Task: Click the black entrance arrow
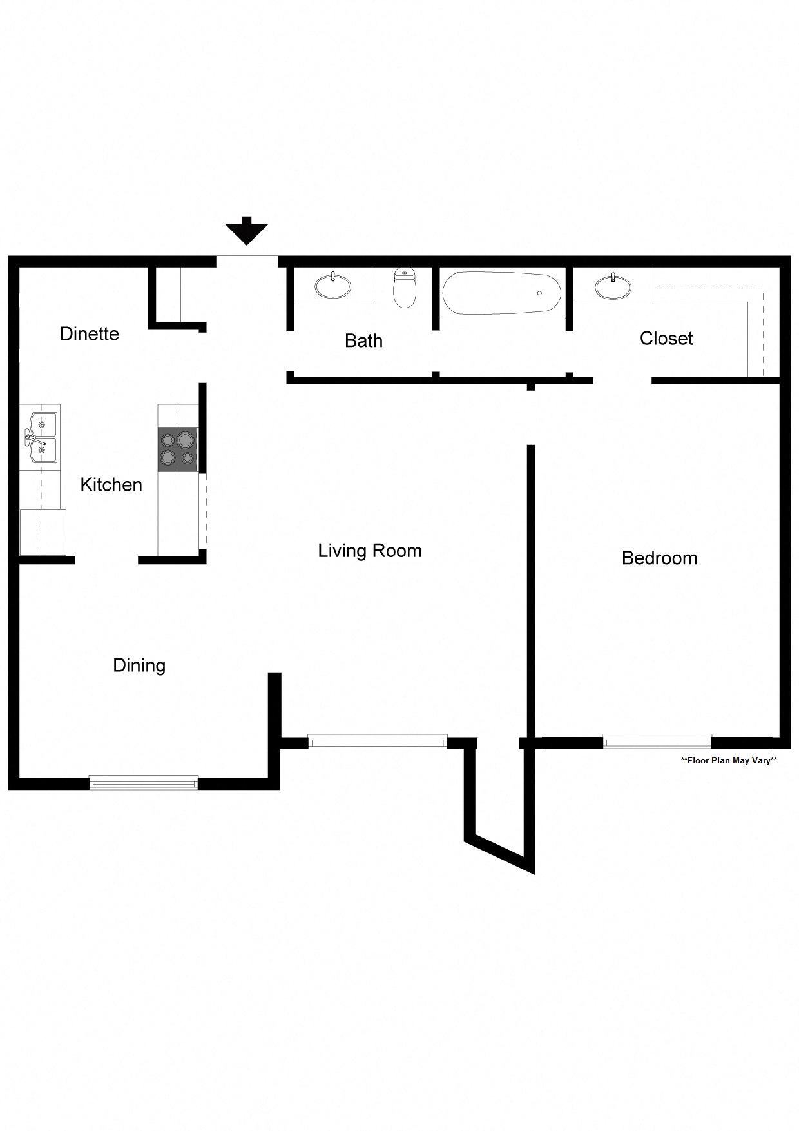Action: pyautogui.click(x=247, y=231)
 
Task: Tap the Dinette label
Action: pyautogui.click(x=90, y=334)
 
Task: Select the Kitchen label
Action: pyautogui.click(x=111, y=485)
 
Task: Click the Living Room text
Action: pyautogui.click(x=370, y=551)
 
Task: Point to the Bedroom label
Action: pyautogui.click(x=659, y=558)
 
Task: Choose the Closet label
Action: pyautogui.click(x=666, y=339)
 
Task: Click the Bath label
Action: pyautogui.click(x=363, y=341)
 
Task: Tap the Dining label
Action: pyautogui.click(x=139, y=665)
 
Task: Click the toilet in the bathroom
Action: pyautogui.click(x=405, y=288)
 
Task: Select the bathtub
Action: pyautogui.click(x=501, y=293)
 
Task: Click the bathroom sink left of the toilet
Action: pyautogui.click(x=333, y=286)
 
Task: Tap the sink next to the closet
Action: pyautogui.click(x=613, y=286)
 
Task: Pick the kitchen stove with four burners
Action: pyautogui.click(x=177, y=449)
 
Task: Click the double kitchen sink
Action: pyautogui.click(x=41, y=438)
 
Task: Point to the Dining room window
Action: pyautogui.click(x=144, y=783)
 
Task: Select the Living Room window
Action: pyautogui.click(x=378, y=742)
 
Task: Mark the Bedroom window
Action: pyautogui.click(x=657, y=742)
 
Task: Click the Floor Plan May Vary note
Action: pyautogui.click(x=729, y=761)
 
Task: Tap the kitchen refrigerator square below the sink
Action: pyautogui.click(x=43, y=532)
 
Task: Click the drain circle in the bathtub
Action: pyautogui.click(x=539, y=293)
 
